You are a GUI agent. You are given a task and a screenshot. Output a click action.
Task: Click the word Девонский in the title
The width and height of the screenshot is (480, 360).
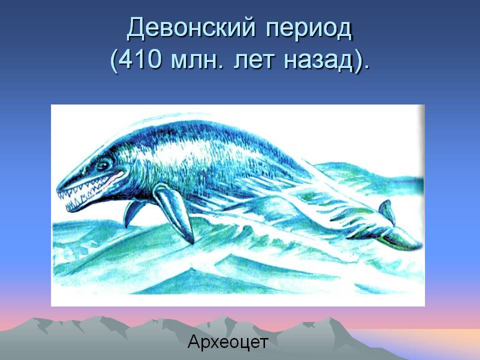[191, 28]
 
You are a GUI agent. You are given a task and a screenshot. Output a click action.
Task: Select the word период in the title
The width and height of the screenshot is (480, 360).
[309, 30]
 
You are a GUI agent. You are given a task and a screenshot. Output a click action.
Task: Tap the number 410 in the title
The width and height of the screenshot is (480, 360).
[139, 59]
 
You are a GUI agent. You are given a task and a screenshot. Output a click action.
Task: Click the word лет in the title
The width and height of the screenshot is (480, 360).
[254, 60]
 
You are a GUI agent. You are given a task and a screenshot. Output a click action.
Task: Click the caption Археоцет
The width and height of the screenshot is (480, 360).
[228, 342]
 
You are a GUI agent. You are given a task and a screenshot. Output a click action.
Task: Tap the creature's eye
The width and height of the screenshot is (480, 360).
[103, 165]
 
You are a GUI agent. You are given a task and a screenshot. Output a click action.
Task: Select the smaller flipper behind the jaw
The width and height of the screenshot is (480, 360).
[131, 212]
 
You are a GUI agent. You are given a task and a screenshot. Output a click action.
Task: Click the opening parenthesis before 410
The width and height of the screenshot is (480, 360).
[113, 60]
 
